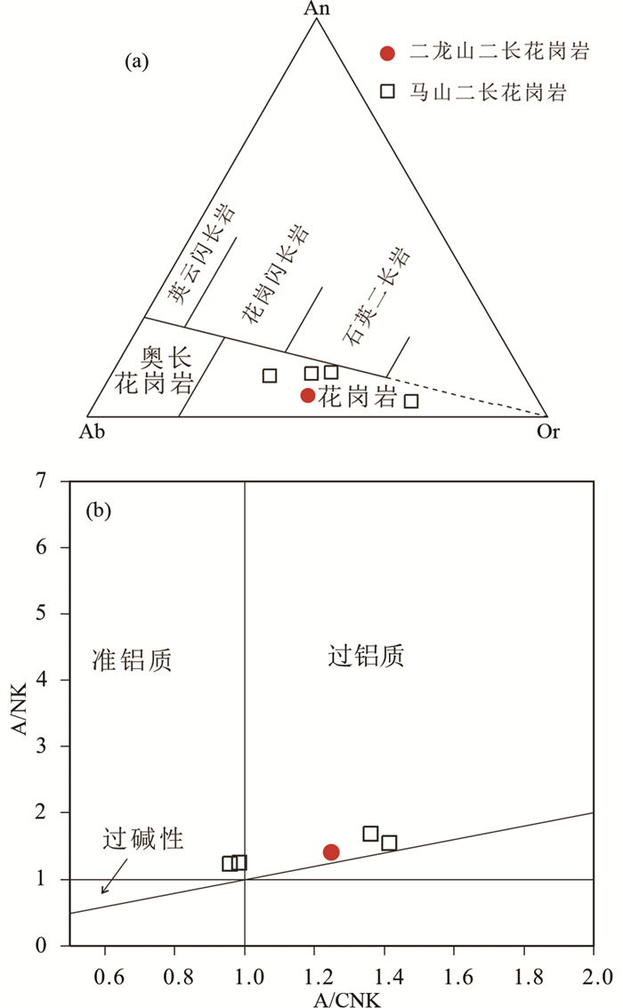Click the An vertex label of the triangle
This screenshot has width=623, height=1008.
pos(316,8)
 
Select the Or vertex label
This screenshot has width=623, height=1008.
pos(548,431)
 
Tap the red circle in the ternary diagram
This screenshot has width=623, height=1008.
pos(308,395)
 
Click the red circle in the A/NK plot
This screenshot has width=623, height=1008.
pos(331,852)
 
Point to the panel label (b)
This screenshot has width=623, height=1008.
pos(98,512)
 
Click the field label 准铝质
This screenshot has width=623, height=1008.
pos(131,659)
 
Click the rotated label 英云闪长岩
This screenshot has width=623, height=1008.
pos(204,254)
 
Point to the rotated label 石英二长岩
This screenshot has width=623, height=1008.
pos(376,296)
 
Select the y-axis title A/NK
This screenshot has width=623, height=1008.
pos(16,712)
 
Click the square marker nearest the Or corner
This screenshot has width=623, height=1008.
pos(410,401)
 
